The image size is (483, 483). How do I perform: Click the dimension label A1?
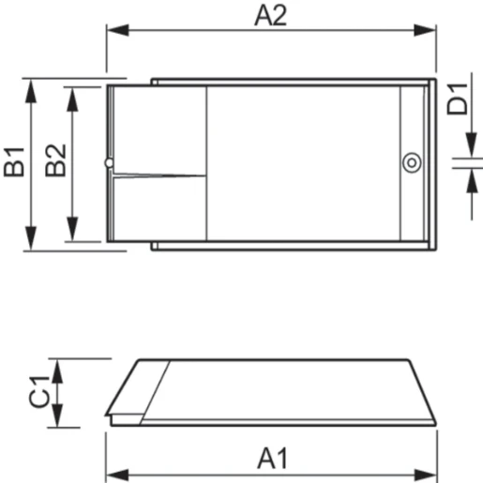(x=271, y=460)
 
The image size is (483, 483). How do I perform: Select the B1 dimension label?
(x=14, y=161)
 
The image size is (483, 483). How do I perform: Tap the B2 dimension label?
(x=55, y=161)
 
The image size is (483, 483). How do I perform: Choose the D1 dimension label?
(x=457, y=98)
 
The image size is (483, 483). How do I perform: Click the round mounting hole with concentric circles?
(x=411, y=163)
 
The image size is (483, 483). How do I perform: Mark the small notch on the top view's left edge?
(x=110, y=164)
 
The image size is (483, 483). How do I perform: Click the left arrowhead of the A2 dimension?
(x=113, y=31)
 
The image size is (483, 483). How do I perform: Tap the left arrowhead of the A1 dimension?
(x=113, y=472)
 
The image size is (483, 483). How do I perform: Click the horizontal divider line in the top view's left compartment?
(x=158, y=174)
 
